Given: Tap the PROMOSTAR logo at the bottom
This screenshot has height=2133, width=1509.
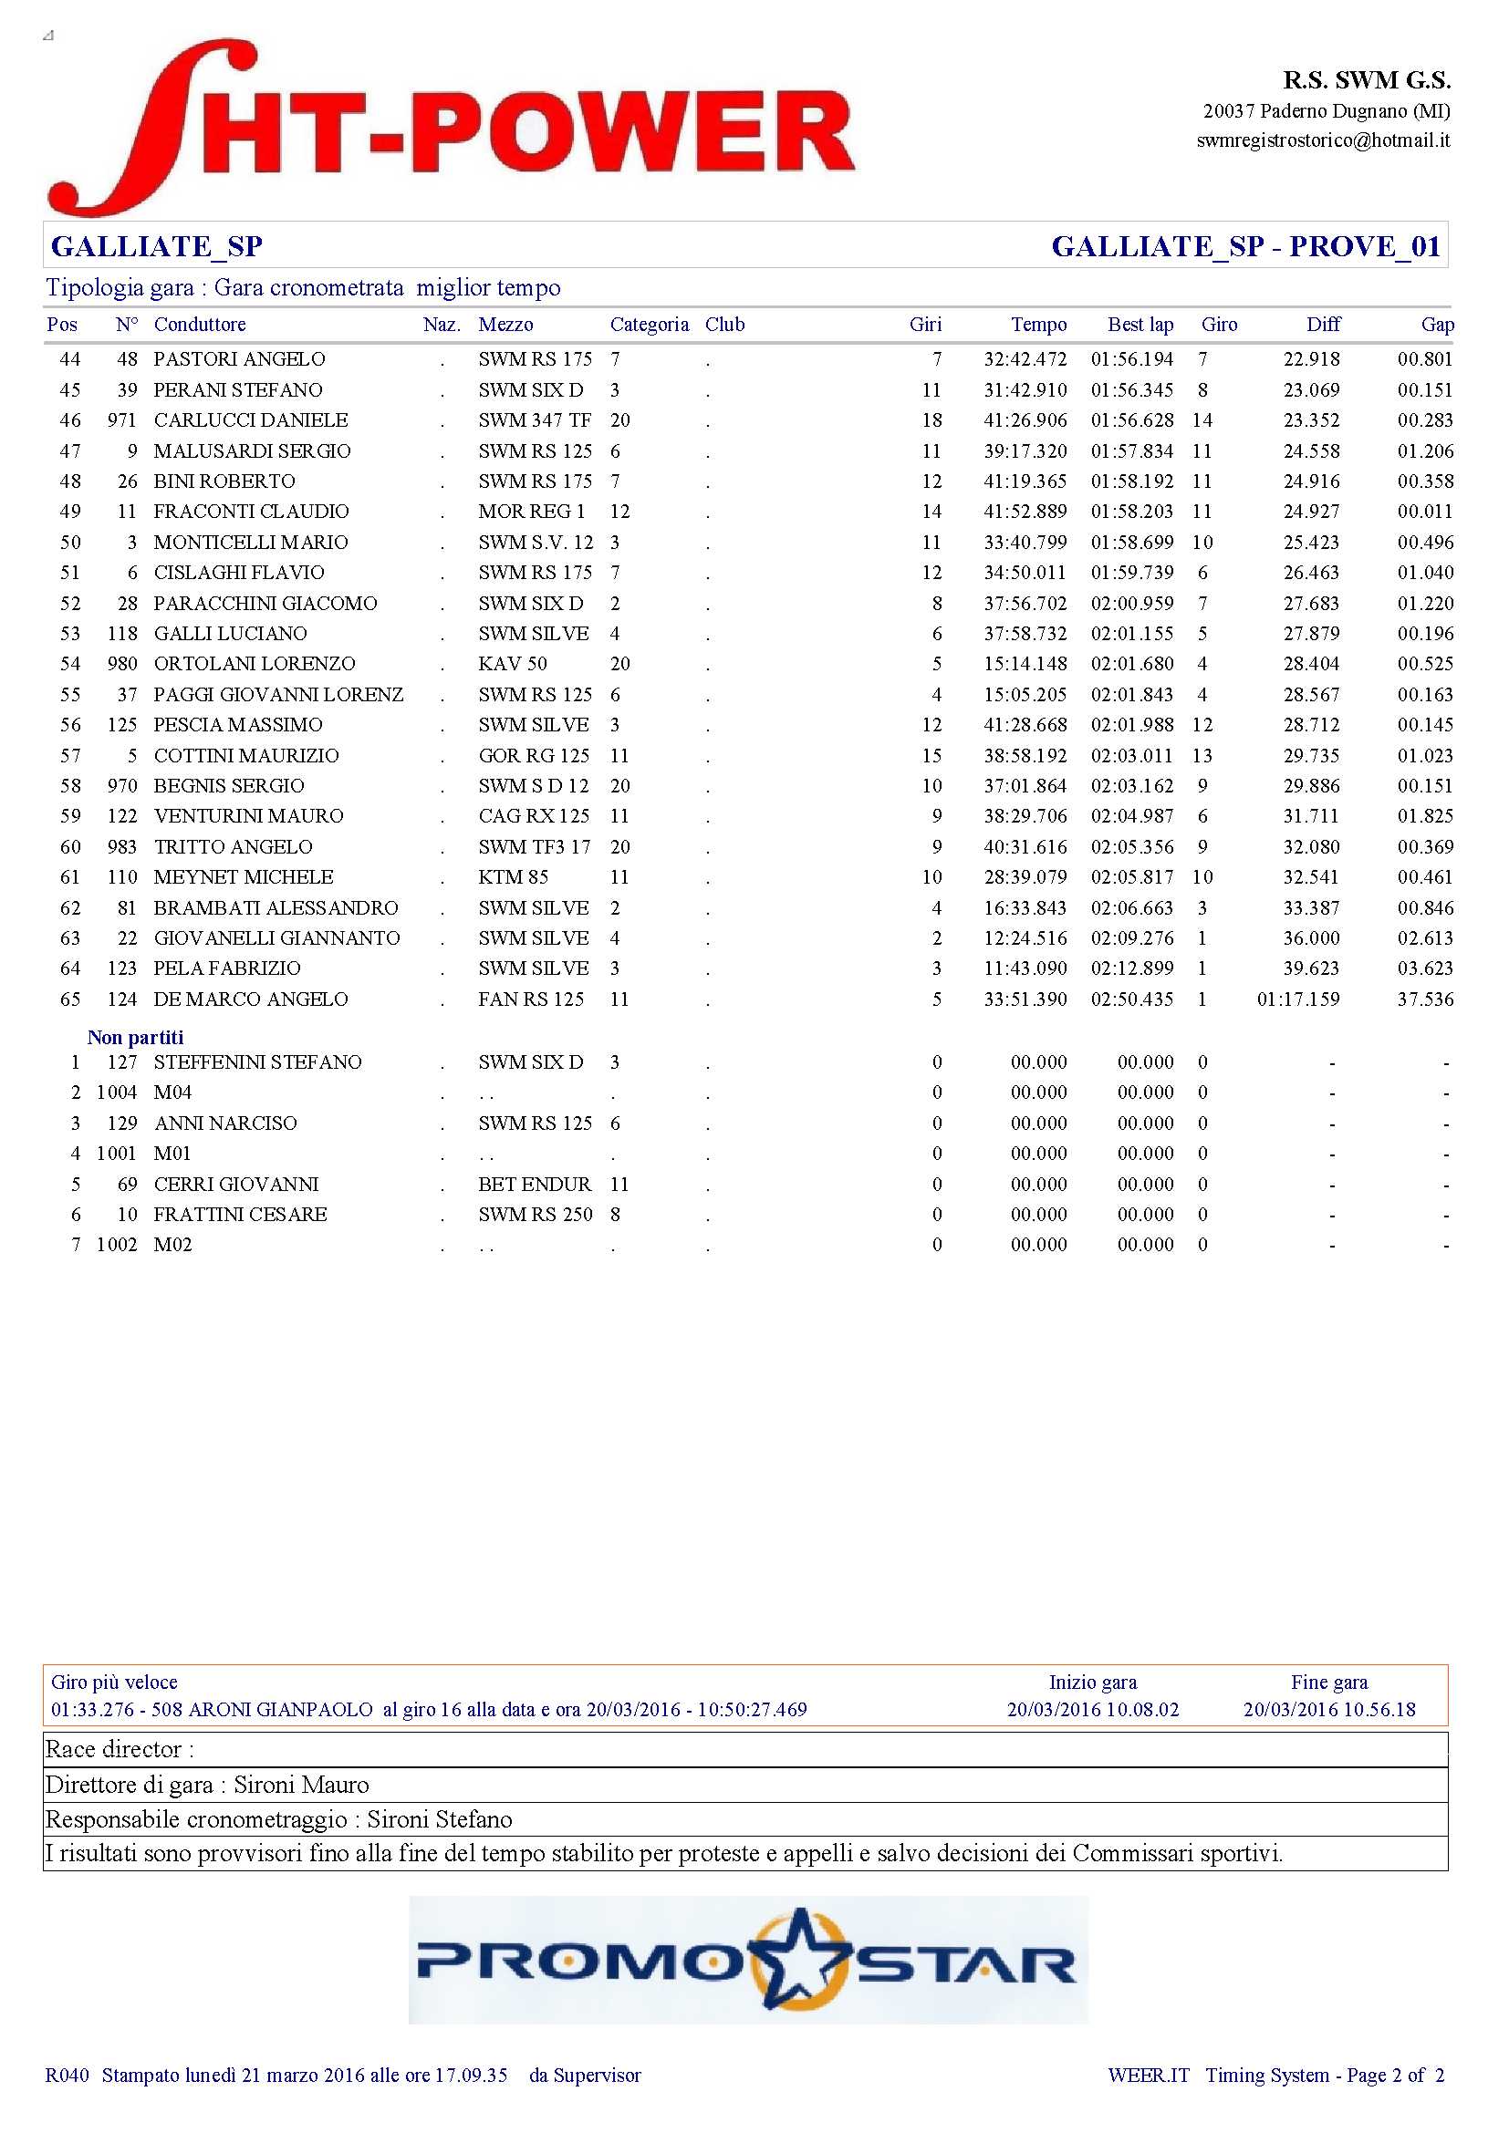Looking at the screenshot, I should point(747,1961).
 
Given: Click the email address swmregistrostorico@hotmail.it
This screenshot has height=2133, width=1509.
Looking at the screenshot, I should point(1322,140).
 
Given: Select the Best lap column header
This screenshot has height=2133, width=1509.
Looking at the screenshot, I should point(1140,325).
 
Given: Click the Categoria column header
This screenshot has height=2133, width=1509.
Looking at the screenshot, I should point(649,325).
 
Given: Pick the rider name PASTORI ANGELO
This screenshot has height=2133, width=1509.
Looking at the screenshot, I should point(239,359).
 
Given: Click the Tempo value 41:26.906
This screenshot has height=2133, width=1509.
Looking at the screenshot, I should point(1025,419).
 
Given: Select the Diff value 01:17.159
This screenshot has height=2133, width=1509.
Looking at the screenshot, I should point(1297,999).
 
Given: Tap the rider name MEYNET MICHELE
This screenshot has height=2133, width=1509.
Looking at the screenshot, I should point(244,877).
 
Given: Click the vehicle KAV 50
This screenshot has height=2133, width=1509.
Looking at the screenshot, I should point(512,664).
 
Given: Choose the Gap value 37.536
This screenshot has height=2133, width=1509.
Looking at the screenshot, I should point(1424,999).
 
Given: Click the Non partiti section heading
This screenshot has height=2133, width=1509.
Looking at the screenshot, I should point(136,1038).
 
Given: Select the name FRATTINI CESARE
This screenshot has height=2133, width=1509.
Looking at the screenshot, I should point(240,1214).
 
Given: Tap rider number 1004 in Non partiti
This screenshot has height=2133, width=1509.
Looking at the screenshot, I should point(116,1092).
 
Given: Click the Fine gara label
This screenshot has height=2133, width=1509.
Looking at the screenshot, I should point(1328,1683).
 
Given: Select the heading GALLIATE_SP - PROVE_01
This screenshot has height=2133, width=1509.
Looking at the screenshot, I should point(1245,246).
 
